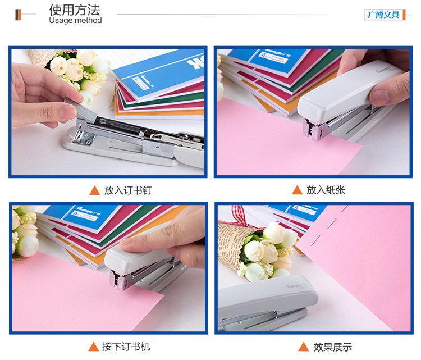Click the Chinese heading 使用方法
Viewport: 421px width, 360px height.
74,10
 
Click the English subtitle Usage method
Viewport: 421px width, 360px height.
75,20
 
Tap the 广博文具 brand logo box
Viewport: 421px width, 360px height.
383,15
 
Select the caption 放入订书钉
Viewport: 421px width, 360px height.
128,190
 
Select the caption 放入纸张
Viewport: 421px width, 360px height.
326,190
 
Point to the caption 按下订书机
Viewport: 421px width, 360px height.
126,347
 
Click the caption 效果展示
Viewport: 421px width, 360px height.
333,347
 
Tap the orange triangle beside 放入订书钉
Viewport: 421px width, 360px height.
94,190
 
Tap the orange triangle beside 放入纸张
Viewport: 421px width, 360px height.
297,190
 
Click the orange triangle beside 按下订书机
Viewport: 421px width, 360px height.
93,347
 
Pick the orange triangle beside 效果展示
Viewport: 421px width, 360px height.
303,347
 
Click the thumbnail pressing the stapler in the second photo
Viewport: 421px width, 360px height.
379,97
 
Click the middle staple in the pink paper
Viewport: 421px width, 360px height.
332,224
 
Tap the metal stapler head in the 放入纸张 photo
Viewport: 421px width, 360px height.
313,129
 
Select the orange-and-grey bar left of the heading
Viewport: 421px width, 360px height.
18,15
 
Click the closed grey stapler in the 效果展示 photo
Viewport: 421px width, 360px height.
266,303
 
